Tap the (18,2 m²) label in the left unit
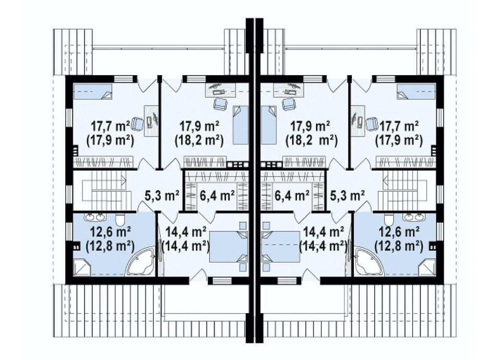(199, 140)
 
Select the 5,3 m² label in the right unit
(347, 195)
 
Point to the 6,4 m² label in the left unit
(217, 195)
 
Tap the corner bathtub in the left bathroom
(141, 262)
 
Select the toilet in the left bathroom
(120, 220)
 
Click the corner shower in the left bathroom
(82, 267)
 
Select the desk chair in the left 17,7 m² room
(137, 123)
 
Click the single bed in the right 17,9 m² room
(268, 125)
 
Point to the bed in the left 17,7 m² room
(93, 92)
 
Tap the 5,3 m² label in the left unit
(162, 195)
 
